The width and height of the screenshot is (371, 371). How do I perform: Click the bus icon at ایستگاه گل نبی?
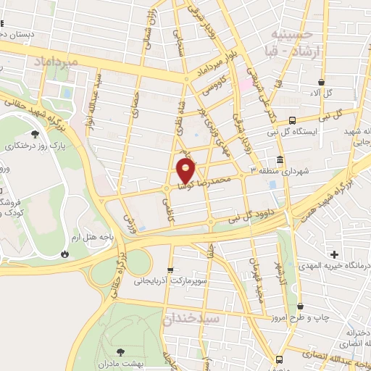pyautogui.click(x=292, y=120)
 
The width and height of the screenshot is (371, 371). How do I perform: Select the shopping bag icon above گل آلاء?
pyautogui.click(x=320, y=81)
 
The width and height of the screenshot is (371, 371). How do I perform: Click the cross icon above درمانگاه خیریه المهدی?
pyautogui.click(x=334, y=254)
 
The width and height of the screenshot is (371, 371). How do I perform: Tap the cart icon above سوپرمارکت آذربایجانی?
pyautogui.click(x=171, y=270)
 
